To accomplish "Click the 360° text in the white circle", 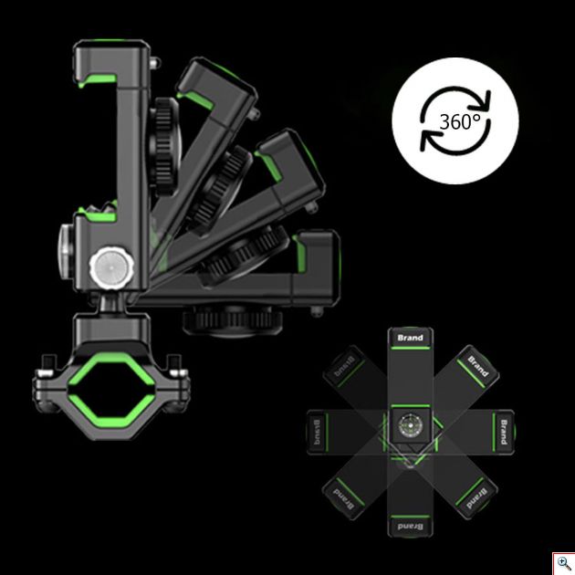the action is (x=460, y=121).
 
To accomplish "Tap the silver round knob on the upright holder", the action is (x=111, y=268).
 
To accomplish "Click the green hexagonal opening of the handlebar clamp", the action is (x=111, y=390).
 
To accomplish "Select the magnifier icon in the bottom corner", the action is (x=564, y=563).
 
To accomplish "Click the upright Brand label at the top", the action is (x=411, y=338).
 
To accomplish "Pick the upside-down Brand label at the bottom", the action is (x=411, y=527).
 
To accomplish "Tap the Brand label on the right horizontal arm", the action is (x=504, y=432).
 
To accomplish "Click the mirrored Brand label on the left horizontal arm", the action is (x=318, y=432).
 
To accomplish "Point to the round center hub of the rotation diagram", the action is (x=411, y=426).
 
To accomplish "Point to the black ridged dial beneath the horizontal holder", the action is (x=234, y=321).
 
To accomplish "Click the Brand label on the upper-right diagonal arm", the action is (x=478, y=366).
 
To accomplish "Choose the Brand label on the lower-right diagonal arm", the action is (x=476, y=498).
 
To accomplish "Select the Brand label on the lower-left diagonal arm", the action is (x=344, y=498).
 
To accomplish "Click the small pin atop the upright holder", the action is (x=154, y=63).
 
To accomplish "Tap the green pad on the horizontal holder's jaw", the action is (x=299, y=254).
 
